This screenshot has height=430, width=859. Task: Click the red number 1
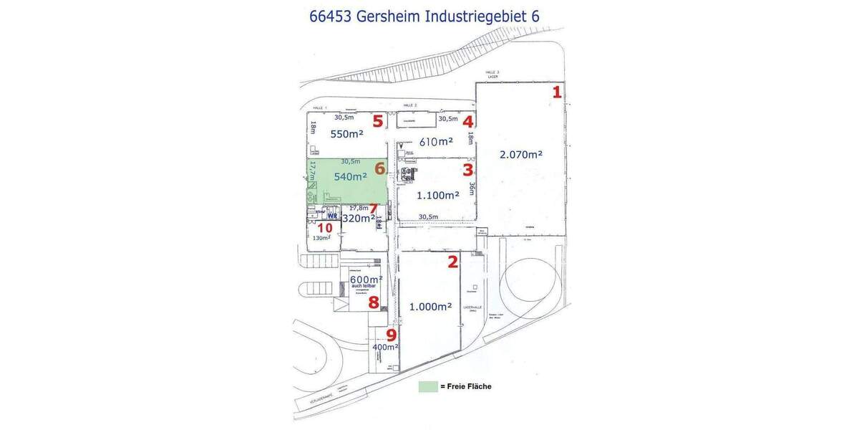coord(556,92)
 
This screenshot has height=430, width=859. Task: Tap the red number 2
coord(452,262)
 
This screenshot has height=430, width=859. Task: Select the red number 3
coord(467,170)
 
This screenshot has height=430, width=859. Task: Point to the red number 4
coord(467,122)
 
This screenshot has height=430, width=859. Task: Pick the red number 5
coord(377,121)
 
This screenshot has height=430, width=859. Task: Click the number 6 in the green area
coord(380,168)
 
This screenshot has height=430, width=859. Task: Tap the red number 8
coord(374,302)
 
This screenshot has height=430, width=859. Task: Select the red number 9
coord(391,334)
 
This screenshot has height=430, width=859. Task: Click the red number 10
coord(324,227)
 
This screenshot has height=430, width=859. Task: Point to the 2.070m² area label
coord(520,153)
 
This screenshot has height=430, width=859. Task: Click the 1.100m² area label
coord(438,195)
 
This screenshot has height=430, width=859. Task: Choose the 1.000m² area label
coord(430,307)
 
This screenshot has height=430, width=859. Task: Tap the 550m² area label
coord(346,134)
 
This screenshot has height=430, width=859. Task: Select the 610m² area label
coord(436,142)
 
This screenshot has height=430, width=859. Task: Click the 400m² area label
coord(385,347)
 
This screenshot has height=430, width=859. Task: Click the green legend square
coord(427,386)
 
